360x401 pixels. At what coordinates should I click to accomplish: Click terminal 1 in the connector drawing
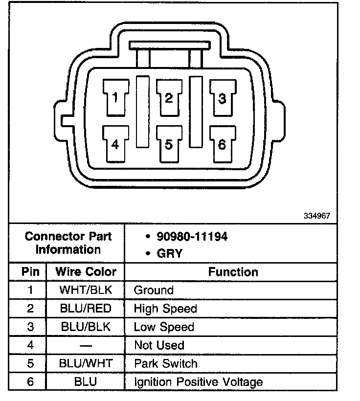(x=115, y=98)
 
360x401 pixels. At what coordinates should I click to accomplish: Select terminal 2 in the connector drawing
(x=169, y=98)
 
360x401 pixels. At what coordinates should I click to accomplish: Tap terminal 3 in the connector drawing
(x=222, y=98)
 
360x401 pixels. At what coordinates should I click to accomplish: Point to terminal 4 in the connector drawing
(x=115, y=144)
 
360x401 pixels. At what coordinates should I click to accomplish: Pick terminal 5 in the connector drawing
(x=169, y=144)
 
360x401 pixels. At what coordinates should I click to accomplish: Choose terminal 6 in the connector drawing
(x=222, y=144)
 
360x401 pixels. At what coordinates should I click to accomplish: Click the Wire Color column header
(x=86, y=272)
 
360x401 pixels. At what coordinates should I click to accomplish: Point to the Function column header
(x=233, y=272)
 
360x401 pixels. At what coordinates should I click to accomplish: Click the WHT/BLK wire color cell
(x=86, y=290)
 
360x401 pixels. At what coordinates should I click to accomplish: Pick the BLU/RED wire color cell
(x=86, y=309)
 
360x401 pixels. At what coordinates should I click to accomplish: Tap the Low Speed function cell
(x=164, y=327)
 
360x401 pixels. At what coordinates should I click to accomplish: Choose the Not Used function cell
(x=159, y=345)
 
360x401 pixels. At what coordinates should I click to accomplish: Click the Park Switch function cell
(x=166, y=364)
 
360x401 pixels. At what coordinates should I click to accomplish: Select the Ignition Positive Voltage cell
(x=198, y=382)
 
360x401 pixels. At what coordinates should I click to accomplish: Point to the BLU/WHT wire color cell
(x=86, y=364)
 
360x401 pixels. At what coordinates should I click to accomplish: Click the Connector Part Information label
(x=68, y=243)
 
